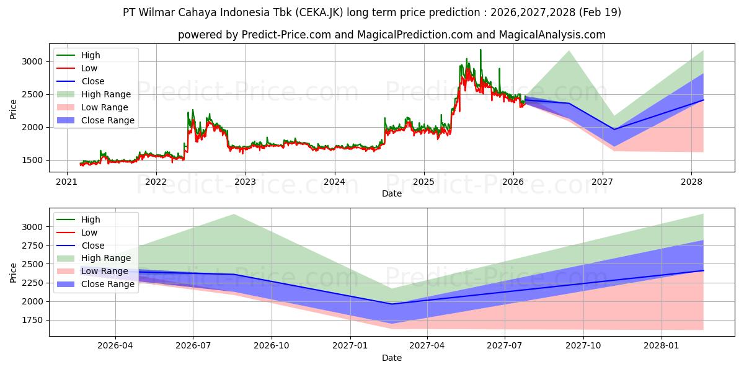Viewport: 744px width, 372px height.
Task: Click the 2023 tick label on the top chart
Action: (x=245, y=182)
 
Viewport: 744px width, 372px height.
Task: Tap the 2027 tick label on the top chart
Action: (x=602, y=182)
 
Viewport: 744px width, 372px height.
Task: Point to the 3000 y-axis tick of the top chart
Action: (x=32, y=62)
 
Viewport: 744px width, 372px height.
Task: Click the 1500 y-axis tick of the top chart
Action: (x=32, y=160)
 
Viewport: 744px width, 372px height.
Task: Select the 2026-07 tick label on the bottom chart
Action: (x=193, y=346)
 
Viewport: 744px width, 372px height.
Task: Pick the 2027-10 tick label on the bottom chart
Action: (x=583, y=346)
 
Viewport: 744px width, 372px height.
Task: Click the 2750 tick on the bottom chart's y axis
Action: (x=32, y=246)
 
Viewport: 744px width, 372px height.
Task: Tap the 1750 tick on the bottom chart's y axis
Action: (x=32, y=320)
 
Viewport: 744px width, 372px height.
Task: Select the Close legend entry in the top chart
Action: (x=81, y=81)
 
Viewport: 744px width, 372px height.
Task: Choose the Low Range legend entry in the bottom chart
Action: (x=92, y=272)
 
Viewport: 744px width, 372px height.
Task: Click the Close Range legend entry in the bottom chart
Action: (x=95, y=285)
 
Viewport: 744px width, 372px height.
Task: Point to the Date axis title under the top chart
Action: (x=392, y=193)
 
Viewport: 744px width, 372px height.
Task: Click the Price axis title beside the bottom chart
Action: (x=13, y=273)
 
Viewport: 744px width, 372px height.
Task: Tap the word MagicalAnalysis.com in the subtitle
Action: (x=552, y=35)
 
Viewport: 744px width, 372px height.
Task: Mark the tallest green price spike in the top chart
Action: (x=480, y=50)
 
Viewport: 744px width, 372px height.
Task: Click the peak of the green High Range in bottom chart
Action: (x=234, y=215)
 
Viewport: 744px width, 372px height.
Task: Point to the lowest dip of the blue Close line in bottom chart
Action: (x=392, y=304)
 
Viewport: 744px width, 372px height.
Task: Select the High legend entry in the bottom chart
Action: (x=78, y=219)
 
